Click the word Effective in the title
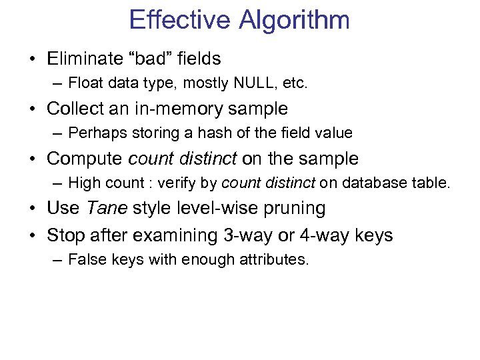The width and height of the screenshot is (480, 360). click(x=179, y=19)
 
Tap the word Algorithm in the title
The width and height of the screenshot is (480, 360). click(x=294, y=21)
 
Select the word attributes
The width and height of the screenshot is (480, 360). click(x=273, y=259)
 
